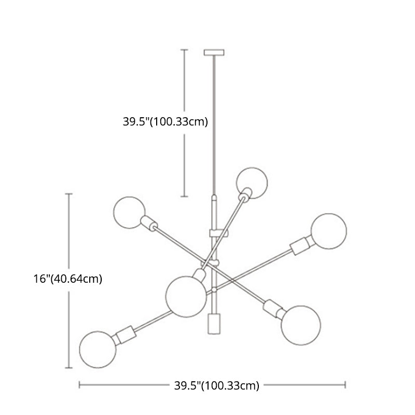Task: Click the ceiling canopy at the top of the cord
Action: (x=214, y=52)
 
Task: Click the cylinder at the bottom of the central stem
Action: (x=214, y=324)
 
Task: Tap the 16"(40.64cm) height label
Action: (x=68, y=279)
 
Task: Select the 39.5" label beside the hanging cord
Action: (x=165, y=121)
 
